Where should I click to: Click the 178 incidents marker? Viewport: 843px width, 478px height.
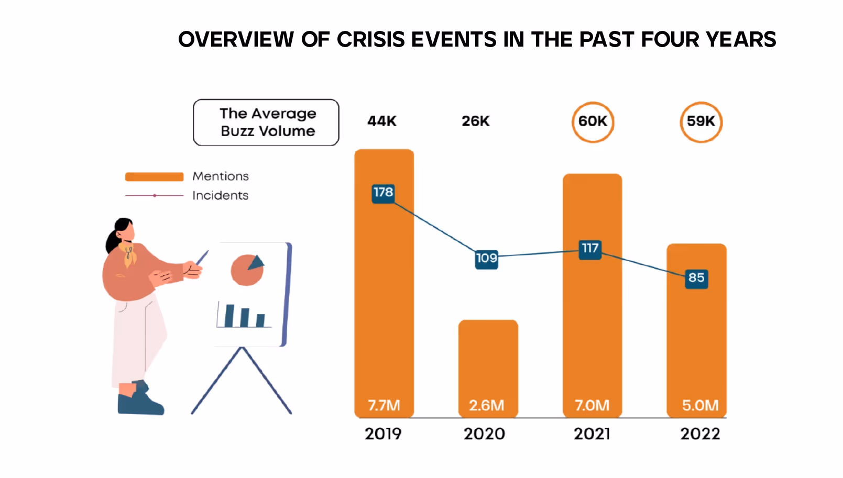pyautogui.click(x=383, y=193)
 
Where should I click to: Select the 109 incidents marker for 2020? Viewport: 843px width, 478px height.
pyautogui.click(x=486, y=259)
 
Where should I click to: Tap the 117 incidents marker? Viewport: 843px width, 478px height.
pyautogui.click(x=590, y=249)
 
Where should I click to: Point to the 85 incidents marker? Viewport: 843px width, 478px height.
pyautogui.click(x=696, y=278)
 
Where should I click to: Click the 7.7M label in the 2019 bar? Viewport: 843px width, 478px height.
pyautogui.click(x=384, y=405)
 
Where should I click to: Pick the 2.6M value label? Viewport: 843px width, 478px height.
pyautogui.click(x=487, y=405)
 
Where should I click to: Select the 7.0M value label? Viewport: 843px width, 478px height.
pyautogui.click(x=592, y=405)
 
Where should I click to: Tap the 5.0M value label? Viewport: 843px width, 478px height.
pyautogui.click(x=700, y=405)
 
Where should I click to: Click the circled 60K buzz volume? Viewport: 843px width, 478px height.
pyautogui.click(x=593, y=121)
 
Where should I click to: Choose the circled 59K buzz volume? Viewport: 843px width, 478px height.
pyautogui.click(x=701, y=121)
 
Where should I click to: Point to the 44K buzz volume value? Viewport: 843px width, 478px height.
pyautogui.click(x=382, y=121)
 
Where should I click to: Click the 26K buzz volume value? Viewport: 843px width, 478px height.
pyautogui.click(x=475, y=121)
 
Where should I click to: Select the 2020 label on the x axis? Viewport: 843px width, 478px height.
pyautogui.click(x=484, y=433)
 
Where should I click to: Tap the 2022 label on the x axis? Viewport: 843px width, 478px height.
pyautogui.click(x=700, y=433)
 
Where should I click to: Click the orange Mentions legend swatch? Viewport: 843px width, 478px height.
pyautogui.click(x=154, y=176)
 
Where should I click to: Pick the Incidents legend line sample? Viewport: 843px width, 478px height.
pyautogui.click(x=154, y=195)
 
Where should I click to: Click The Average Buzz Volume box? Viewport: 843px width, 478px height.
pyautogui.click(x=266, y=123)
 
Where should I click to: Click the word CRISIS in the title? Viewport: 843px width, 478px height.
pyautogui.click(x=370, y=40)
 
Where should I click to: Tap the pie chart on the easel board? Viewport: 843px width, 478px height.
pyautogui.click(x=247, y=270)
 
